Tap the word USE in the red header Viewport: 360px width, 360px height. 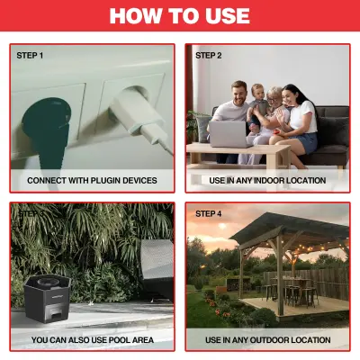pos(221,17)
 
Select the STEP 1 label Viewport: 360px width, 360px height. pos(30,56)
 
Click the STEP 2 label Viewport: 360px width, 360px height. pos(209,56)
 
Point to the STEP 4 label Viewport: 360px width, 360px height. pos(209,214)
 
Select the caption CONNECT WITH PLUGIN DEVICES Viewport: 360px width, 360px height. pos(92,181)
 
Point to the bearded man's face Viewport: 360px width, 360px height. pos(238,91)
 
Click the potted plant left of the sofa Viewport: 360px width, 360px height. pos(197,126)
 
